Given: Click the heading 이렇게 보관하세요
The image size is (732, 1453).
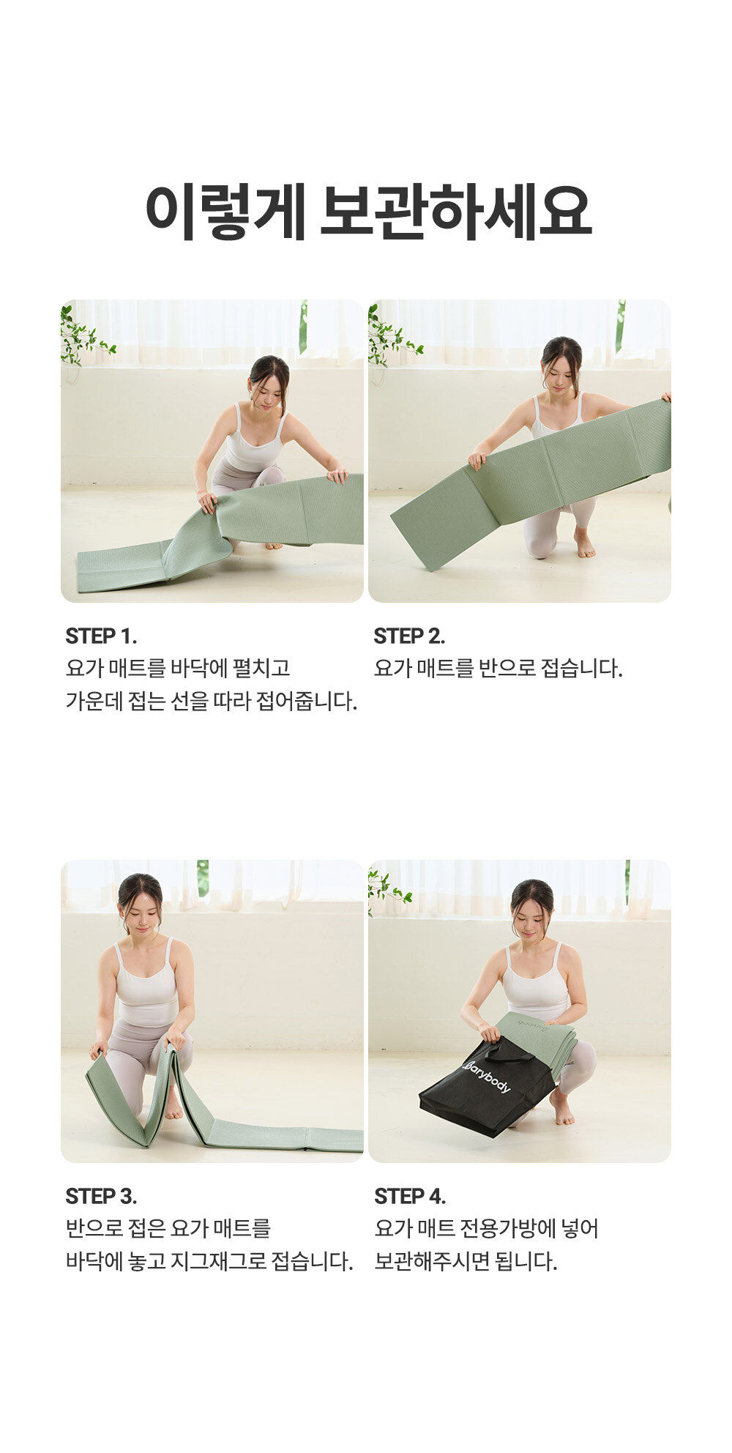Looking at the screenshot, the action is [x=367, y=212].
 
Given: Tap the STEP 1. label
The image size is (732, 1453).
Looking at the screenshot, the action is [x=101, y=636].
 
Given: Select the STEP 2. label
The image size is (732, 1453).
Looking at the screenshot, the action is [x=409, y=636].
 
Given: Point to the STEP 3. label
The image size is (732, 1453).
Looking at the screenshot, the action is [x=101, y=1196].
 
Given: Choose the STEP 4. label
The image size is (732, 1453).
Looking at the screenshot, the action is [x=410, y=1196].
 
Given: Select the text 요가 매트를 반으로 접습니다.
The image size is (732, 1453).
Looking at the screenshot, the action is [x=498, y=668].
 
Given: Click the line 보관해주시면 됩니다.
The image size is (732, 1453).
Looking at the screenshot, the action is [x=466, y=1261].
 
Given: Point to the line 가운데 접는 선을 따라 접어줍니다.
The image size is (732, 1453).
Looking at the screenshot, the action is [x=212, y=701].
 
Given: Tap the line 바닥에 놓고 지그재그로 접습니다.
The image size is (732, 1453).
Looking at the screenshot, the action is [x=209, y=1261].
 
